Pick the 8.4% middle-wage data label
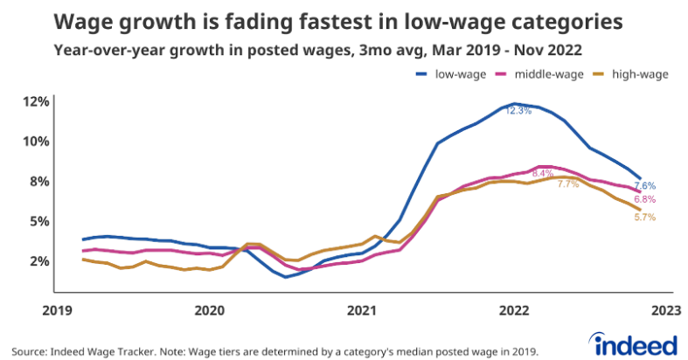543,174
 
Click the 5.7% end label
644,216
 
